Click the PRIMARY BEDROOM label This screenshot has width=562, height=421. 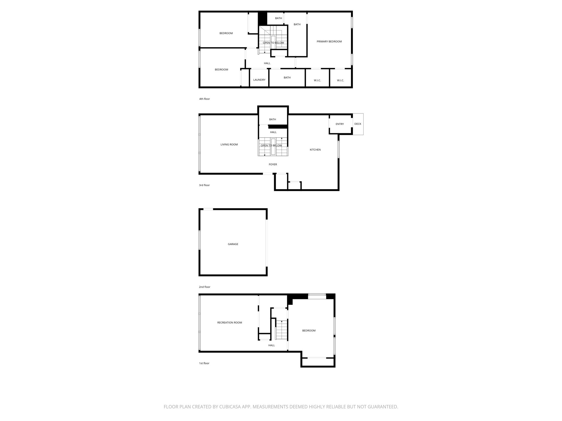coord(329,42)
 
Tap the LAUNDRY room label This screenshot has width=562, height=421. coord(259,80)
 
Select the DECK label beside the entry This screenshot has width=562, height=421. coord(358,124)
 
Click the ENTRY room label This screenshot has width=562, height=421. coord(339,124)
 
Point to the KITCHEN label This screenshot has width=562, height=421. coord(315,150)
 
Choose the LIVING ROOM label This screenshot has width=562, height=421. coord(229,145)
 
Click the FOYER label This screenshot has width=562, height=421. coord(272,164)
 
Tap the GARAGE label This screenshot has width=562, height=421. coord(233,244)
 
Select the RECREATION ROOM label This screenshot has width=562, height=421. coord(229,323)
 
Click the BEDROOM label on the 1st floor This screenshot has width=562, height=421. coord(309,331)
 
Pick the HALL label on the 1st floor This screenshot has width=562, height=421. coord(271,345)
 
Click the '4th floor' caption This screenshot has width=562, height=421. coord(204,99)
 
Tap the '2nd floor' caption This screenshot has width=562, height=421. coord(204,287)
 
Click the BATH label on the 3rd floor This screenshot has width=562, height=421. coord(272,120)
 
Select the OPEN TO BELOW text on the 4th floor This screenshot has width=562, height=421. coord(273,43)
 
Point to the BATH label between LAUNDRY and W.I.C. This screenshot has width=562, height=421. coord(287,78)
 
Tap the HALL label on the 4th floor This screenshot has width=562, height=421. coord(267,63)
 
